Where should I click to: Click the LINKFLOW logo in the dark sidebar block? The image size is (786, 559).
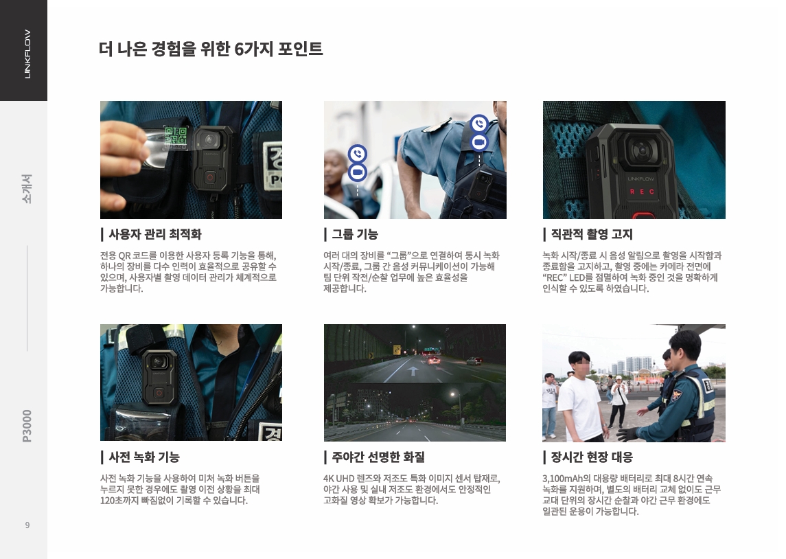click(x=27, y=54)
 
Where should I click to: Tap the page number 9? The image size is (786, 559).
click(x=27, y=525)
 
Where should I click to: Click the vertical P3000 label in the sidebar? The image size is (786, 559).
click(x=27, y=426)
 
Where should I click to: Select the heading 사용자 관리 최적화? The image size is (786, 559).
click(x=155, y=234)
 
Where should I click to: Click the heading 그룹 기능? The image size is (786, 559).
click(x=355, y=234)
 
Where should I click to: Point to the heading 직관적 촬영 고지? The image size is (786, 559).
click(x=592, y=234)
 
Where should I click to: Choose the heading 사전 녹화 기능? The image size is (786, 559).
click(x=144, y=457)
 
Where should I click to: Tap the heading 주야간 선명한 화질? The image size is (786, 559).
click(x=378, y=457)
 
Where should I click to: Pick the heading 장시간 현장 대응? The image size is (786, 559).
click(x=592, y=457)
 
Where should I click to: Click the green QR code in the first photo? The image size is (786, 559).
click(x=176, y=137)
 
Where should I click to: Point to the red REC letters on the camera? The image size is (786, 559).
click(x=642, y=192)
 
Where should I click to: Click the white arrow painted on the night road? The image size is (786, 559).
click(x=413, y=371)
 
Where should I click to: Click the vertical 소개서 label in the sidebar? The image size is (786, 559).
click(x=27, y=188)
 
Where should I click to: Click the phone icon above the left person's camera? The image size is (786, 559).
click(x=358, y=153)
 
